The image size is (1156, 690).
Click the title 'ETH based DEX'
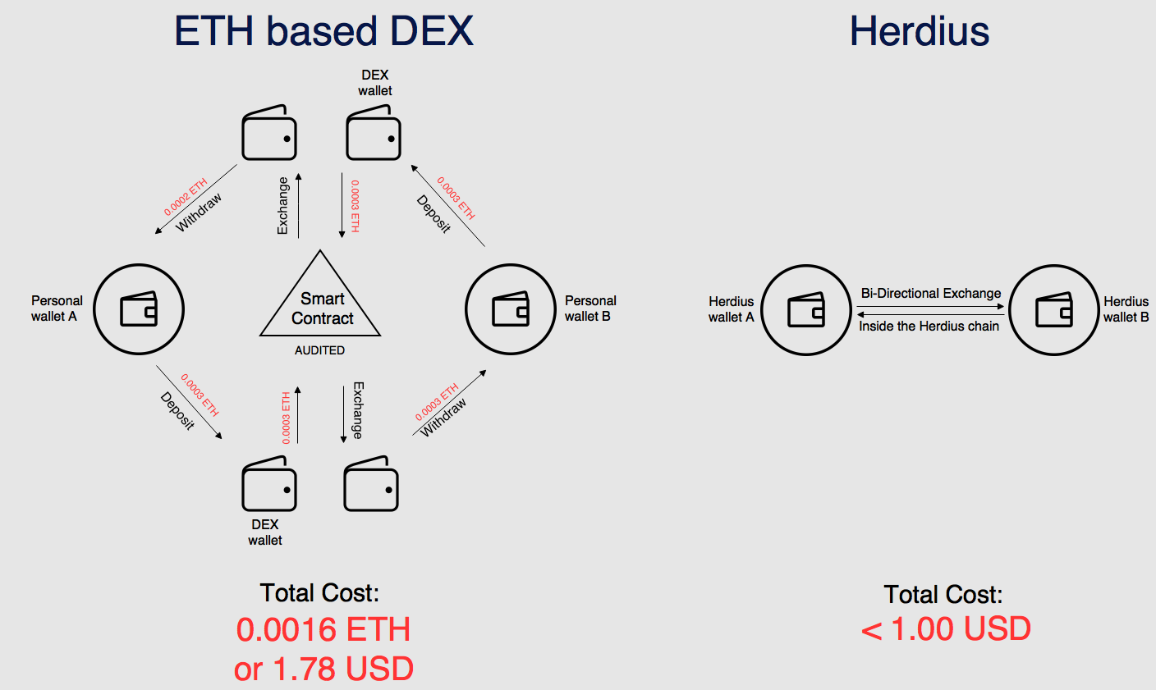click(x=323, y=31)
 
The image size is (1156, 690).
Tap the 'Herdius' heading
click(x=919, y=31)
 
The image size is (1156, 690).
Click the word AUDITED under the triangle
click(x=319, y=350)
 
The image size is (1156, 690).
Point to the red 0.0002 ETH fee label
click(x=185, y=197)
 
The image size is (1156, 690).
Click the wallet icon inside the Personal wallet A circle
click(x=139, y=309)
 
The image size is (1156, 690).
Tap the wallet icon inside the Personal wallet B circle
click(x=510, y=309)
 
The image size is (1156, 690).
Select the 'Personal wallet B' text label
click(x=589, y=308)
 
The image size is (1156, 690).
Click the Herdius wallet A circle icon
click(x=806, y=310)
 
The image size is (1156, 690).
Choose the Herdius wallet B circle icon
click(x=1053, y=310)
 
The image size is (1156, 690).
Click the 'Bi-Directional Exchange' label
click(x=930, y=293)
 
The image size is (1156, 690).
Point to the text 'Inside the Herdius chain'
click(x=929, y=326)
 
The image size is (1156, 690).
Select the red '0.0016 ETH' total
click(x=323, y=629)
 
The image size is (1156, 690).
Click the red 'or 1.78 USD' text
click(x=323, y=669)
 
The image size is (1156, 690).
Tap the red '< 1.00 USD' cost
click(x=946, y=629)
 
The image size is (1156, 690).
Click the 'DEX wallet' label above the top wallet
click(x=375, y=83)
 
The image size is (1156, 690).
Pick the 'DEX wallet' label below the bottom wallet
click(x=264, y=532)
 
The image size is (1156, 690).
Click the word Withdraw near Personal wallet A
click(x=199, y=212)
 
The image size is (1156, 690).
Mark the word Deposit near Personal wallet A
click(x=177, y=411)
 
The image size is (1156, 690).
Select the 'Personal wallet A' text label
click(x=56, y=308)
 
